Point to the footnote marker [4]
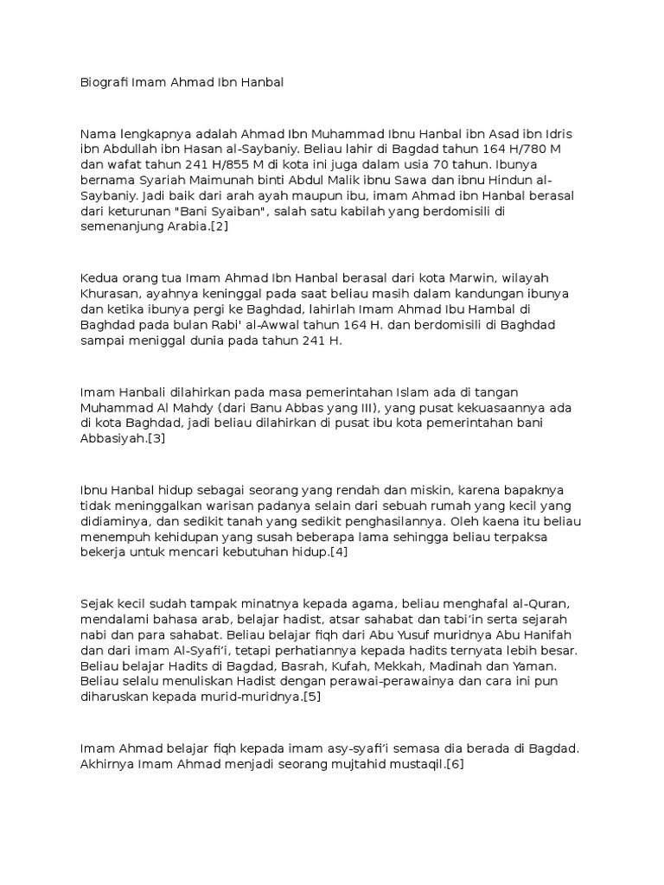pyautogui.click(x=336, y=552)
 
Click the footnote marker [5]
pyautogui.click(x=310, y=697)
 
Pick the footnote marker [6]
pyautogui.click(x=453, y=765)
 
